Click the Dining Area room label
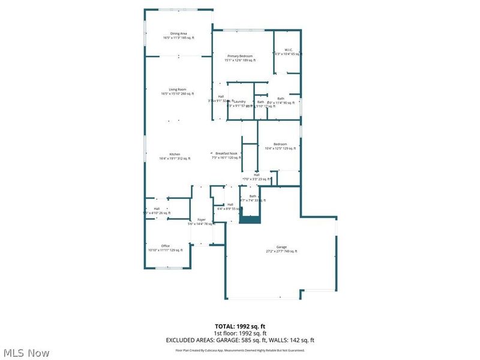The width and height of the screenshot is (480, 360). tap(178, 35)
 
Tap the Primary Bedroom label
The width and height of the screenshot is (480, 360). tap(240, 58)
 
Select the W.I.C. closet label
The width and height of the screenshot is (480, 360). tap(288, 52)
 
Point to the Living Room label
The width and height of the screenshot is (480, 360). tap(178, 91)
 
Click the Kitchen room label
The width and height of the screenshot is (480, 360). tap(175, 156)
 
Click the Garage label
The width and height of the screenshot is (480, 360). tap(281, 249)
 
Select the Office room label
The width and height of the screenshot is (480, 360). tap(165, 248)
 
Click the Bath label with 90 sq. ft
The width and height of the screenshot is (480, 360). tap(281, 100)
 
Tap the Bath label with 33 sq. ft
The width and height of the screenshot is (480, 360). tap(253, 198)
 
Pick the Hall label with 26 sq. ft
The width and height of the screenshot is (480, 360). tap(157, 211)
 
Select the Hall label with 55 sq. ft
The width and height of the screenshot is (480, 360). tap(230, 206)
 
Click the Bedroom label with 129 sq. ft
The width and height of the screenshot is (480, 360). tap(280, 146)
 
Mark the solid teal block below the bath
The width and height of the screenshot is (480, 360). tap(250, 220)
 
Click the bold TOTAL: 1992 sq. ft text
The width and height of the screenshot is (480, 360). tap(240, 326)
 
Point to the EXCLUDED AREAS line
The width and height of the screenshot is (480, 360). tap(240, 340)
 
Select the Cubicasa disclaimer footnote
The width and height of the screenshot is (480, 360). tap(240, 350)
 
